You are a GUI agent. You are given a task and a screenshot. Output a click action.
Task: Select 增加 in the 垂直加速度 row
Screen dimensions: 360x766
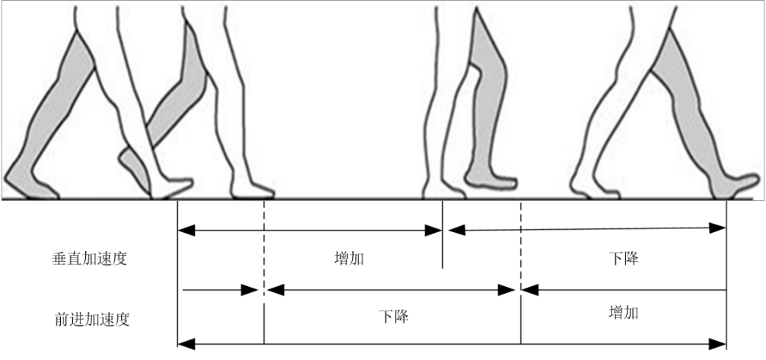[x=348, y=258]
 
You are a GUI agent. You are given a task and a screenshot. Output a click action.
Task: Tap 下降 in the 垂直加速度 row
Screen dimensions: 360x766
[x=623, y=258]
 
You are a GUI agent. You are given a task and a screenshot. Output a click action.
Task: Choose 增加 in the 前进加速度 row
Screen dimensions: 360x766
[x=623, y=313]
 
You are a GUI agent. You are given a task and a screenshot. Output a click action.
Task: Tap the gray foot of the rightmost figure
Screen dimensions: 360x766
[x=736, y=185]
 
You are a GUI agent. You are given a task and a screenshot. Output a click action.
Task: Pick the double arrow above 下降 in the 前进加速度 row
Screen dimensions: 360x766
[x=392, y=290]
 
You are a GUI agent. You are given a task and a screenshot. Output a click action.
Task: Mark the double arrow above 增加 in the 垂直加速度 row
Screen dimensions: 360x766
[x=310, y=228]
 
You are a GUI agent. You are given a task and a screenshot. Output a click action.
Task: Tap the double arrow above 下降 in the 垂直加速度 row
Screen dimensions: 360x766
[x=586, y=227]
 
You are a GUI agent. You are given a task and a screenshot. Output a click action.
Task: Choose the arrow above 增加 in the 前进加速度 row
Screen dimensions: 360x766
[x=624, y=290]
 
